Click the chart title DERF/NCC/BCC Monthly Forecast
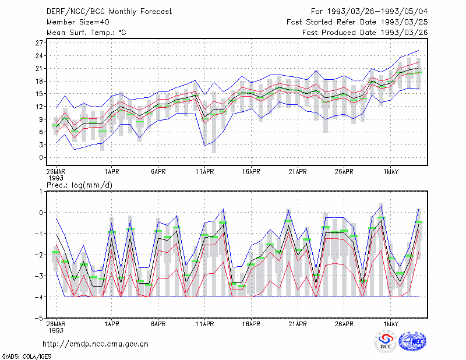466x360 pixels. coord(109,12)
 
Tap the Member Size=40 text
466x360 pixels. coord(78,22)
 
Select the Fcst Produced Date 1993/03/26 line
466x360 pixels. coord(365,33)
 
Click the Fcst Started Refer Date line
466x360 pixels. coord(357,22)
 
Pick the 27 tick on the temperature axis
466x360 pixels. coord(39,43)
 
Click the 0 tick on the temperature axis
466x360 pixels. coord(41,157)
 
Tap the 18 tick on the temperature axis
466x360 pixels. coord(39,81)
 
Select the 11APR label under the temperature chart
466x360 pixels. coord(205,172)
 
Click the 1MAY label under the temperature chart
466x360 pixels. coord(390,172)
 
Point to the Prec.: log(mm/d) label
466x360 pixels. coord(80,185)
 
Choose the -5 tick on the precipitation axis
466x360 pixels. coord(38,318)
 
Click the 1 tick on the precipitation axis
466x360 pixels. coord(41,192)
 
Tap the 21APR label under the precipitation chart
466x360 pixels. coord(298,324)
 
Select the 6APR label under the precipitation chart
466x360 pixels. coord(158,324)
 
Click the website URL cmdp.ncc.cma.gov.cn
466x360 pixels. coord(96,344)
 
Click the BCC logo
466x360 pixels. coord(386,341)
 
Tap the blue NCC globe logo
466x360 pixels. coord(412,341)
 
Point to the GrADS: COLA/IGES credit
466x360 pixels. coord(26,357)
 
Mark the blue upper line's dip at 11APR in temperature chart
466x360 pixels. coord(205,94)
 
